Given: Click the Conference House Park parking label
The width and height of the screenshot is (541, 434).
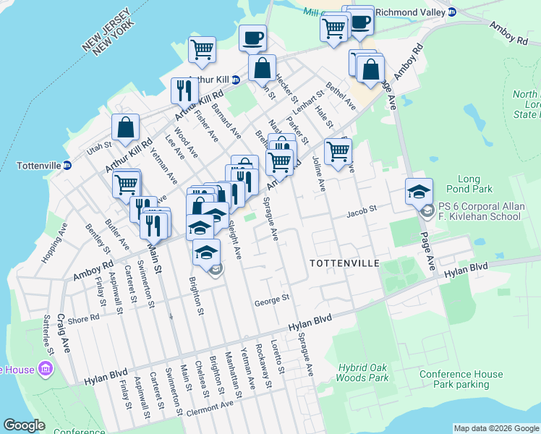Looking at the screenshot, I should [461, 379].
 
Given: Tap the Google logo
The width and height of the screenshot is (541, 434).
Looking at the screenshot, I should [24, 425].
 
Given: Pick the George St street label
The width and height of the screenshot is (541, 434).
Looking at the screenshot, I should [272, 298].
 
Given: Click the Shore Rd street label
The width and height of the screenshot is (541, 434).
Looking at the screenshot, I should [84, 318].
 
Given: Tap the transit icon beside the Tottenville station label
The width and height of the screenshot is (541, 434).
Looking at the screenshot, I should [67, 166].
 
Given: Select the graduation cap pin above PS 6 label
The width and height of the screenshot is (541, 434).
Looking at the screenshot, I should [419, 192].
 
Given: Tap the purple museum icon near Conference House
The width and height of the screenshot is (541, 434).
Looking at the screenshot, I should [46, 370].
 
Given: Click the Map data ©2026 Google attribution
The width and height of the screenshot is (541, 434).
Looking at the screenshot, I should [496, 428].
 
